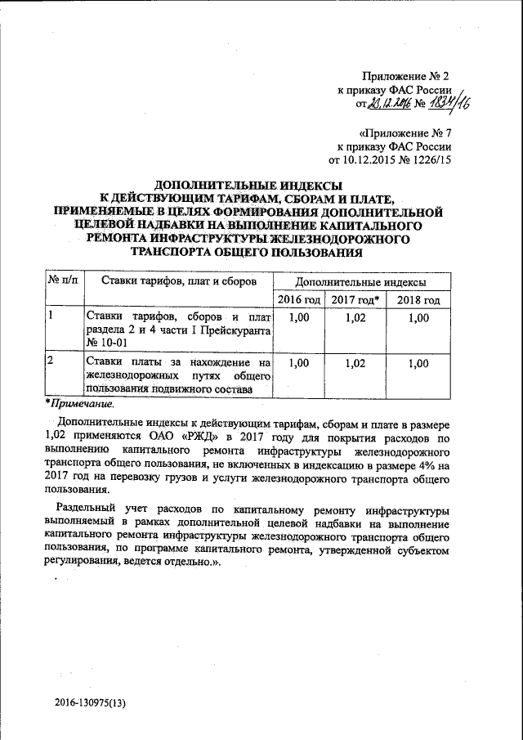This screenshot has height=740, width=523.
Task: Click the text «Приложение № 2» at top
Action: tap(404, 76)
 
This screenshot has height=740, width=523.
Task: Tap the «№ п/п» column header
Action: tap(64, 281)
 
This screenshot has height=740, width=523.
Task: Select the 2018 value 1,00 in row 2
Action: tap(418, 362)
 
